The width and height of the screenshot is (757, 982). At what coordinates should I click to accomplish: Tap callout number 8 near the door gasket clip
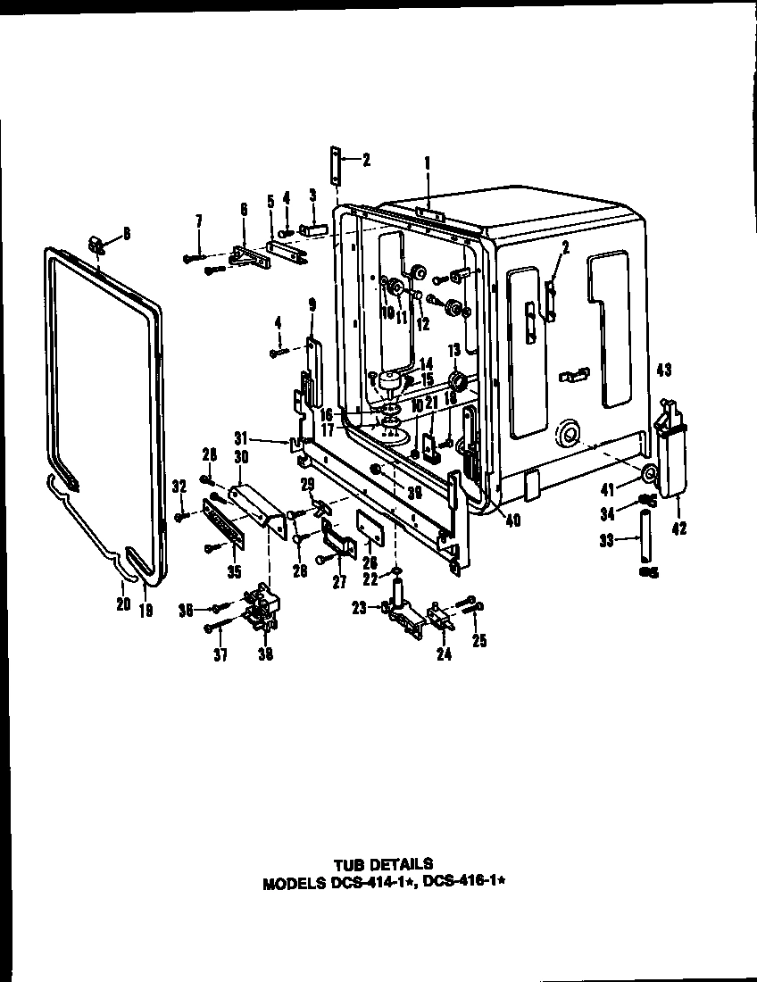pos(126,233)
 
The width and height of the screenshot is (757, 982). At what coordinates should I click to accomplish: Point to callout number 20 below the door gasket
pos(122,605)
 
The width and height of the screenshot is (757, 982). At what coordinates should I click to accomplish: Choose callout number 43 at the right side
pos(663,370)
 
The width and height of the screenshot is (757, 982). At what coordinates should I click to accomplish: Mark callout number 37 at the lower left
pos(220,655)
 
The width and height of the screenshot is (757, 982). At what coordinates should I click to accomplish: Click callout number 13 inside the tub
pos(453,349)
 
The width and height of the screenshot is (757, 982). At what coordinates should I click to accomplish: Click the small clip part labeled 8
pos(98,243)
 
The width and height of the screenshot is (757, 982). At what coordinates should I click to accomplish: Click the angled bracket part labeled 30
pos(254,507)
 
